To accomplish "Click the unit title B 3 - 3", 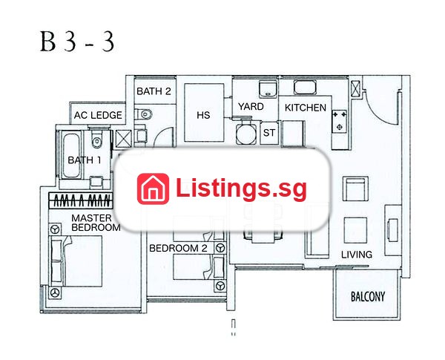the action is pyautogui.click(x=77, y=42).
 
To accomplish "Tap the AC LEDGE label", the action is pyautogui.click(x=98, y=115).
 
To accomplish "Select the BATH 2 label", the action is pyautogui.click(x=154, y=91).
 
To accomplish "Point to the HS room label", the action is pyautogui.click(x=203, y=115).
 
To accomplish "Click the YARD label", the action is pyautogui.click(x=251, y=107).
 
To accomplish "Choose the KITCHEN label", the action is pyautogui.click(x=306, y=108).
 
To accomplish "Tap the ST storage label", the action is pyautogui.click(x=269, y=132).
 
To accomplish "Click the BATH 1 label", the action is pyautogui.click(x=85, y=160).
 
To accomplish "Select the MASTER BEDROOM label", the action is pyautogui.click(x=96, y=223).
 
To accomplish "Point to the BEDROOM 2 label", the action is pyautogui.click(x=178, y=248).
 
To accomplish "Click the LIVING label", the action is pyautogui.click(x=357, y=255).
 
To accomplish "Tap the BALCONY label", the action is pyautogui.click(x=368, y=296).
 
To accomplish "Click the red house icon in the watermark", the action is pyautogui.click(x=153, y=189).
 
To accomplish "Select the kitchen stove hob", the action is pyautogui.click(x=340, y=121).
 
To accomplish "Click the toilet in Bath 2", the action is pyautogui.click(x=143, y=114).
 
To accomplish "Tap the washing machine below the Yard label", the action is pyautogui.click(x=245, y=133).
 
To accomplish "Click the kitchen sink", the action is pyautogui.click(x=305, y=87).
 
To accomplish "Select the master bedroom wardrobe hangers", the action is pyautogui.click(x=81, y=200).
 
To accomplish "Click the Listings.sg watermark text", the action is pyautogui.click(x=241, y=188).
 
